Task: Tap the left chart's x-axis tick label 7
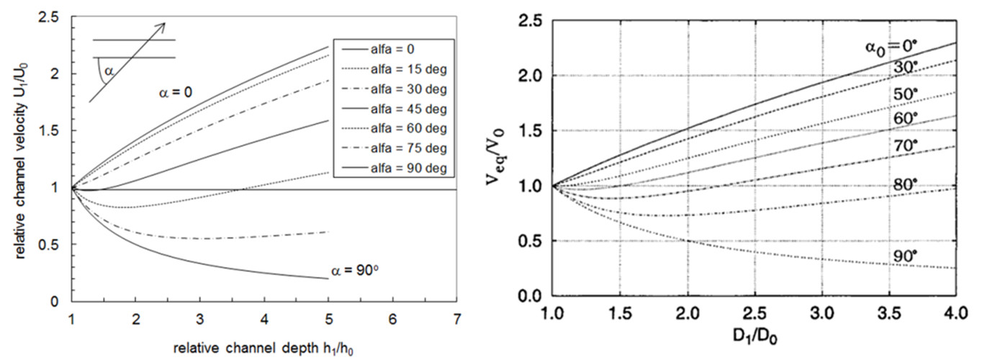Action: [x=457, y=318]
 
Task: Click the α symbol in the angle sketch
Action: [x=109, y=71]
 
